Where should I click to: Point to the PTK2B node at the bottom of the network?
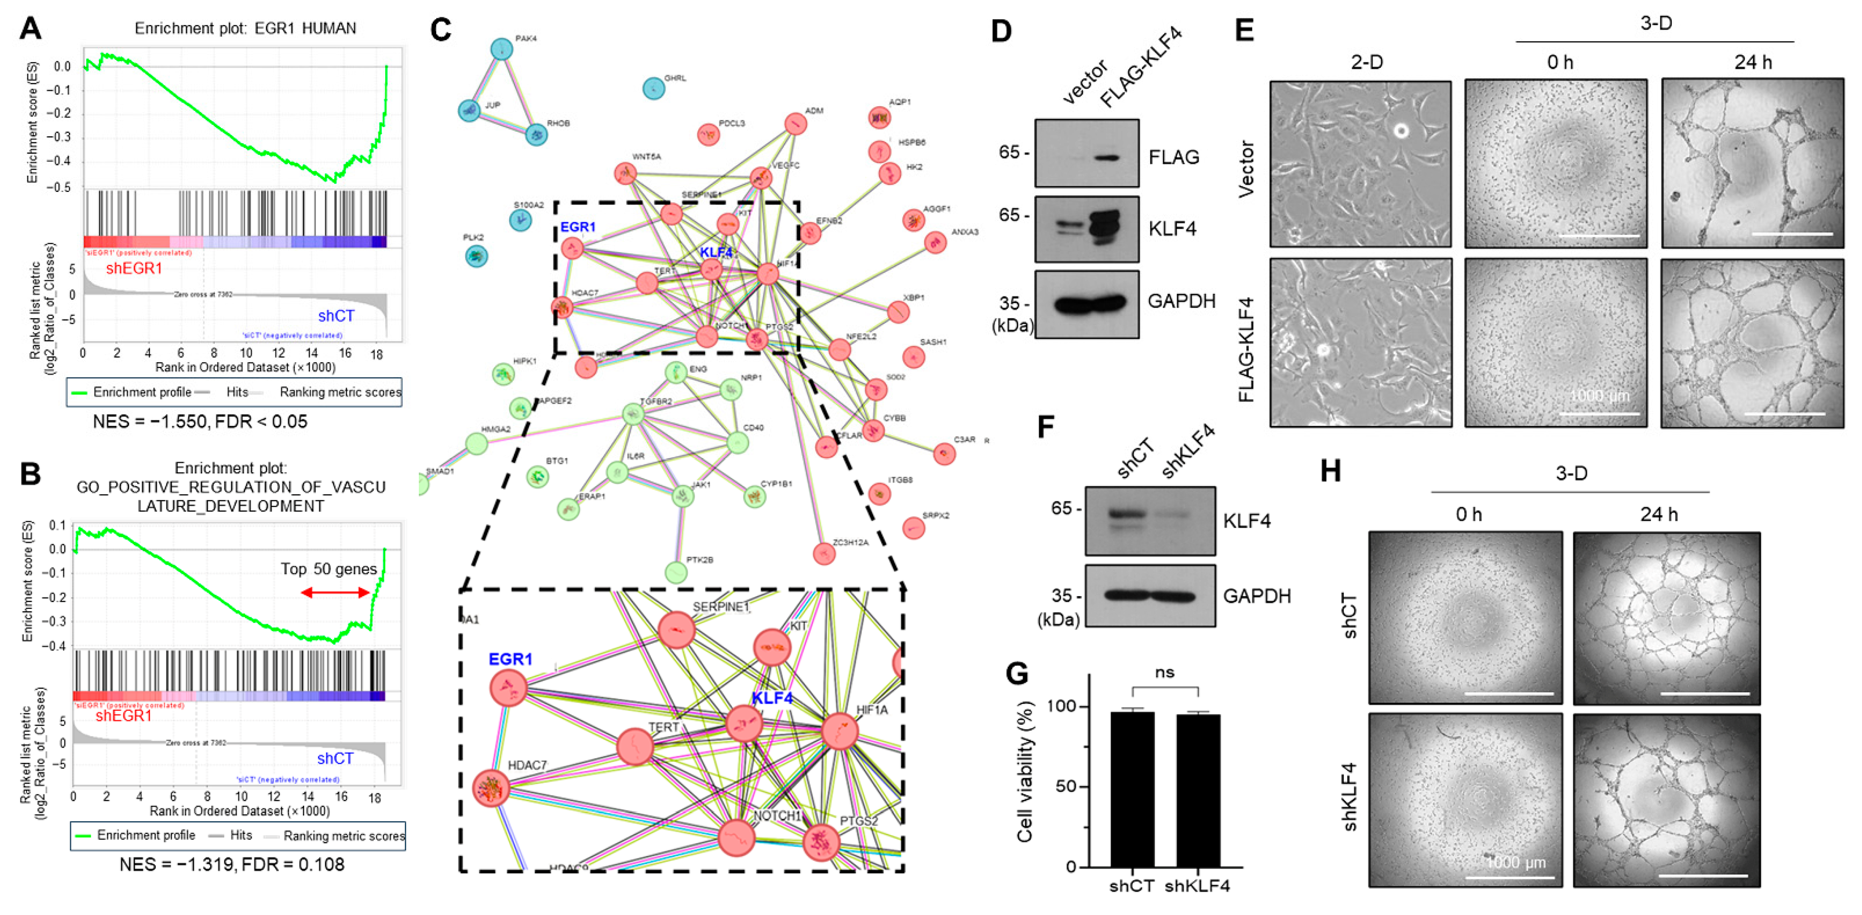pyautogui.click(x=675, y=572)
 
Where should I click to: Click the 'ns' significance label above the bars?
pyautogui.click(x=1165, y=672)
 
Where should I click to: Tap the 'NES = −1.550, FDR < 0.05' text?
pyautogui.click(x=200, y=421)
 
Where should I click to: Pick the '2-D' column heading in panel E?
pyautogui.click(x=1366, y=62)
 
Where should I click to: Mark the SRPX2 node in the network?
pyautogui.click(x=914, y=528)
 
